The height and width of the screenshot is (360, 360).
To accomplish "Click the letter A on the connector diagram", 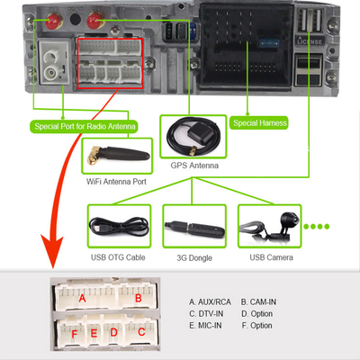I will tap(83, 298).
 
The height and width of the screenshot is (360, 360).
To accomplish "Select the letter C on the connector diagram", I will tap(140, 332).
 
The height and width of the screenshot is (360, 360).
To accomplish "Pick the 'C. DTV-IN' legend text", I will tap(210, 313).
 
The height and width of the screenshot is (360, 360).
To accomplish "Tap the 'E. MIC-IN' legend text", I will tap(210, 325).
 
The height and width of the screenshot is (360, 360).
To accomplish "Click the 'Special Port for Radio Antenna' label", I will tap(85, 126).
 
